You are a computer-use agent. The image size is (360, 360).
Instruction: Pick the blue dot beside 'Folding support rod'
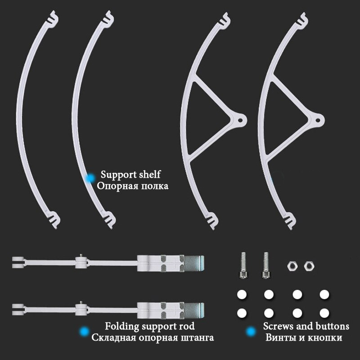[84, 331]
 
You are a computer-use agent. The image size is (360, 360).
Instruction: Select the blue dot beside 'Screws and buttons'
[251, 332]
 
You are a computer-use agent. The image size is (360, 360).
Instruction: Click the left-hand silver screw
[243, 265]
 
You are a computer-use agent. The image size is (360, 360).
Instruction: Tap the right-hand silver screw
[266, 265]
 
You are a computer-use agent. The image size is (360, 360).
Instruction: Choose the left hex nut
[292, 266]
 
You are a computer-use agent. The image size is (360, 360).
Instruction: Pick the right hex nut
[309, 266]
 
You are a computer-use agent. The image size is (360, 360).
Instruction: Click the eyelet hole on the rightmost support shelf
[318, 120]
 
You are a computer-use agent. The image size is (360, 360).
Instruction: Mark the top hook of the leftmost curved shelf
[53, 18]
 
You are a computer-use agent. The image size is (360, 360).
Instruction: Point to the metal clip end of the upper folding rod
[194, 263]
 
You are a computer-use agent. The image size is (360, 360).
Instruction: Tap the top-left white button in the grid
[242, 295]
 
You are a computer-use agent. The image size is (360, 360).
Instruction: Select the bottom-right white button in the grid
[324, 313]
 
